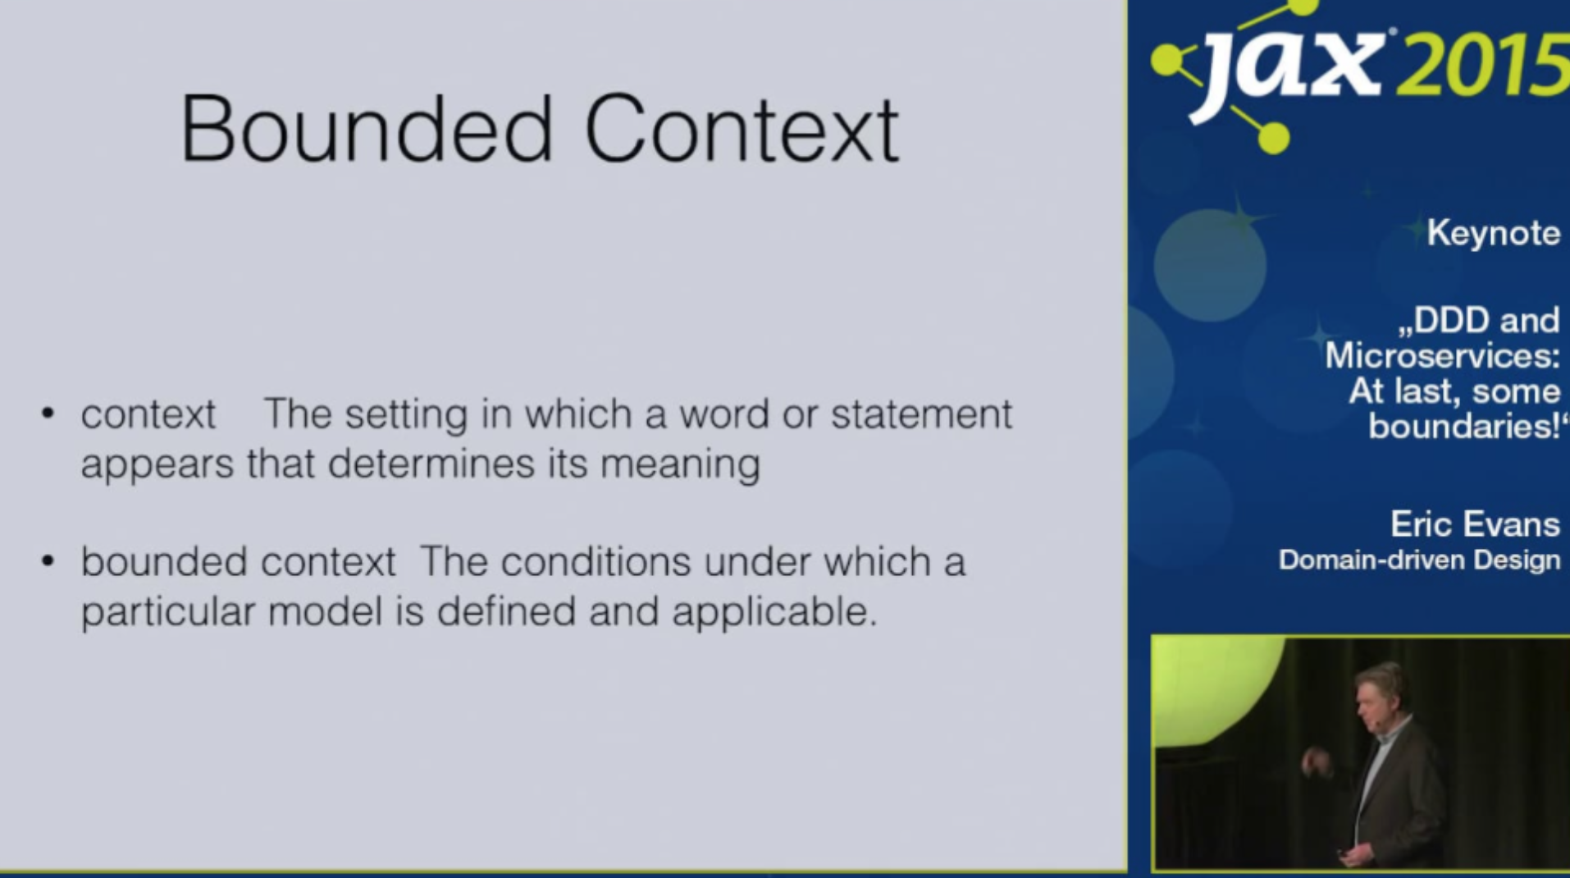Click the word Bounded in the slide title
(x=367, y=129)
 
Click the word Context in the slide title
(x=742, y=129)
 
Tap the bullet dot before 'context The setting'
(x=48, y=413)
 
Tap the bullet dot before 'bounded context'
(x=48, y=561)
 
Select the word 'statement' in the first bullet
(x=922, y=414)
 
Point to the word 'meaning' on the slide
(x=681, y=465)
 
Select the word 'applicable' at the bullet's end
(x=775, y=612)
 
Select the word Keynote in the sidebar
(x=1494, y=234)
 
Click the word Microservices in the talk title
(x=1441, y=355)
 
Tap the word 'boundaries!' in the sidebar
(x=1464, y=427)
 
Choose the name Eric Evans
(x=1475, y=524)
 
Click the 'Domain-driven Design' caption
(x=1419, y=560)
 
